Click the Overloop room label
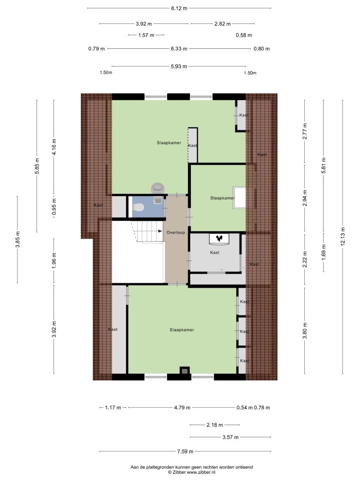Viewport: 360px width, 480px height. coord(176,232)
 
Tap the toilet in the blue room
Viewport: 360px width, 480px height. coord(138,208)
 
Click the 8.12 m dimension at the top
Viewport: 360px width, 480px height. coord(179,8)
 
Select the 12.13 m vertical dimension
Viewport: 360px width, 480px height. coord(343,236)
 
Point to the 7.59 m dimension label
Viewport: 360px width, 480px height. coord(185,451)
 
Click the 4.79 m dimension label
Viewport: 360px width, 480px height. coord(182,407)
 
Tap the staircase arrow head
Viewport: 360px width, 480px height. coord(160,231)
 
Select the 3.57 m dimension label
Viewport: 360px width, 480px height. coord(230,437)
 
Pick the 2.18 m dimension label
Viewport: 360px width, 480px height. coord(215,425)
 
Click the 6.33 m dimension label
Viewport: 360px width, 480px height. coord(179,48)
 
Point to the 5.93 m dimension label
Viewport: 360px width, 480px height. coord(179,66)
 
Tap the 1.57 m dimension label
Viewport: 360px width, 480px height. coord(146,35)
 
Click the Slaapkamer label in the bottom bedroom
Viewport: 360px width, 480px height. coord(182,330)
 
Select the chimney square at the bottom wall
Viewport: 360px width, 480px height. coord(184,371)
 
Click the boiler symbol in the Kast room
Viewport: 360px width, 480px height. coord(219,239)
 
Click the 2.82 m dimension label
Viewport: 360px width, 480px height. coord(223,23)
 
